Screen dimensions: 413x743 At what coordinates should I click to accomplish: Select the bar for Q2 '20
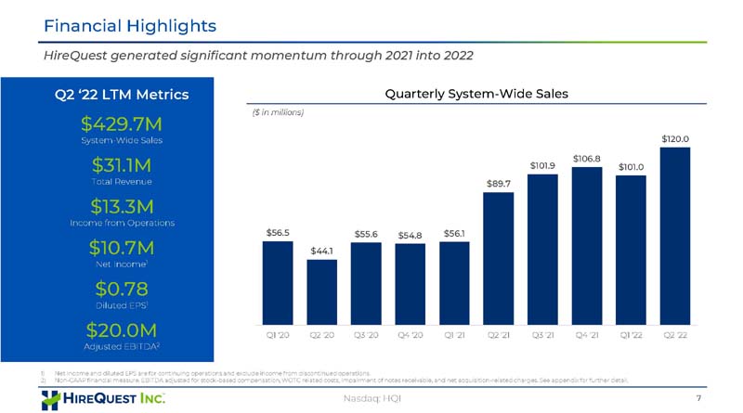(321, 288)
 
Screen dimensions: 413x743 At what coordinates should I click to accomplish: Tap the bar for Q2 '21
(498, 254)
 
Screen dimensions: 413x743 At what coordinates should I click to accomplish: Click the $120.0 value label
(675, 138)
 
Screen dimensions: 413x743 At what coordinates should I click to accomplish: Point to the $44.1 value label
(321, 251)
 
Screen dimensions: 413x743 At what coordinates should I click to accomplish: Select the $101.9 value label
(542, 165)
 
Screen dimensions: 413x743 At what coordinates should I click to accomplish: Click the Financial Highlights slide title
(130, 25)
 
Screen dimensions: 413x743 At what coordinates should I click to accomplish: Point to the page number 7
(697, 398)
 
